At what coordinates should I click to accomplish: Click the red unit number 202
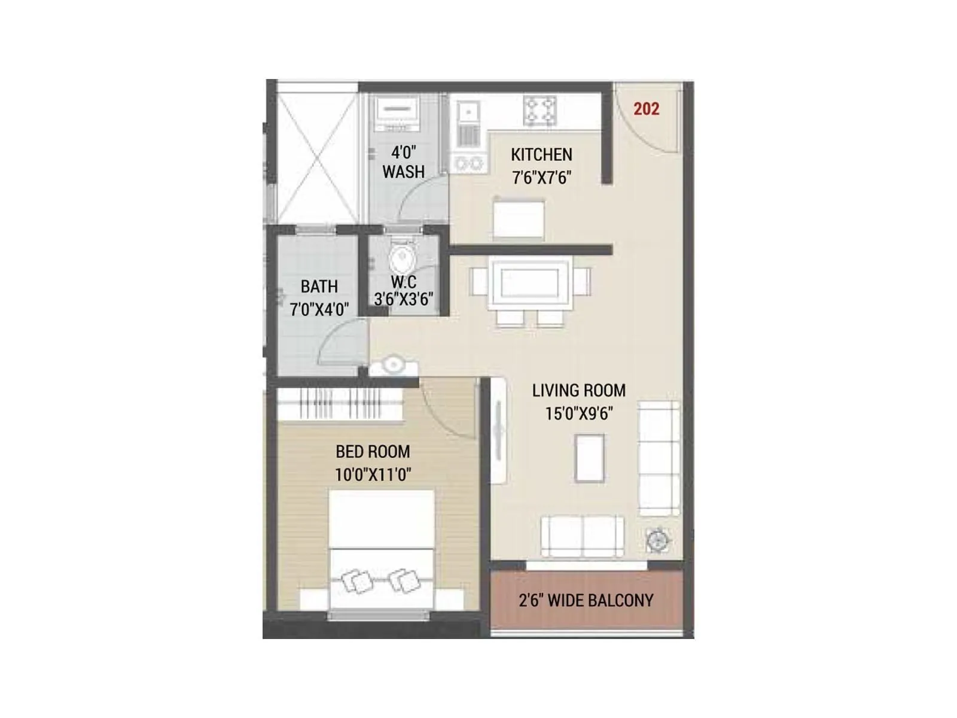[646, 109]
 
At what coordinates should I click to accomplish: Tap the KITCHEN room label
[541, 155]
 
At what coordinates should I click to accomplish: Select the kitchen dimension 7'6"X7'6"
[541, 178]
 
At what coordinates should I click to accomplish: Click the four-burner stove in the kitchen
[540, 111]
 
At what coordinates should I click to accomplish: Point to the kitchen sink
[468, 112]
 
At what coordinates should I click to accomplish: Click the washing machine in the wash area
[395, 113]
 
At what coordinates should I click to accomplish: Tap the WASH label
[404, 172]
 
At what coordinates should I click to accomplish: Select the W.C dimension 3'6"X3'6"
[404, 299]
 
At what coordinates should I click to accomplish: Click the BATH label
[319, 287]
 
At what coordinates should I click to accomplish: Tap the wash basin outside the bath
[393, 364]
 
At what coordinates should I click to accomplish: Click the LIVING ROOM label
[578, 391]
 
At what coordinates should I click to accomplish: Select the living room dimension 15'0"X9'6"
[578, 413]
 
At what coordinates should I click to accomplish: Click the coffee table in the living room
[589, 458]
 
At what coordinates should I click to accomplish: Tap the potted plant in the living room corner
[658, 540]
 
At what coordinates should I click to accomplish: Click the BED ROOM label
[373, 452]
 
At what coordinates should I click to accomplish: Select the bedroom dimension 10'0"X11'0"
[373, 475]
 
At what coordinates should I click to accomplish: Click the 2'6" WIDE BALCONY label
[586, 600]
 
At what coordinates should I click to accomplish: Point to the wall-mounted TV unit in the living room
[498, 431]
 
